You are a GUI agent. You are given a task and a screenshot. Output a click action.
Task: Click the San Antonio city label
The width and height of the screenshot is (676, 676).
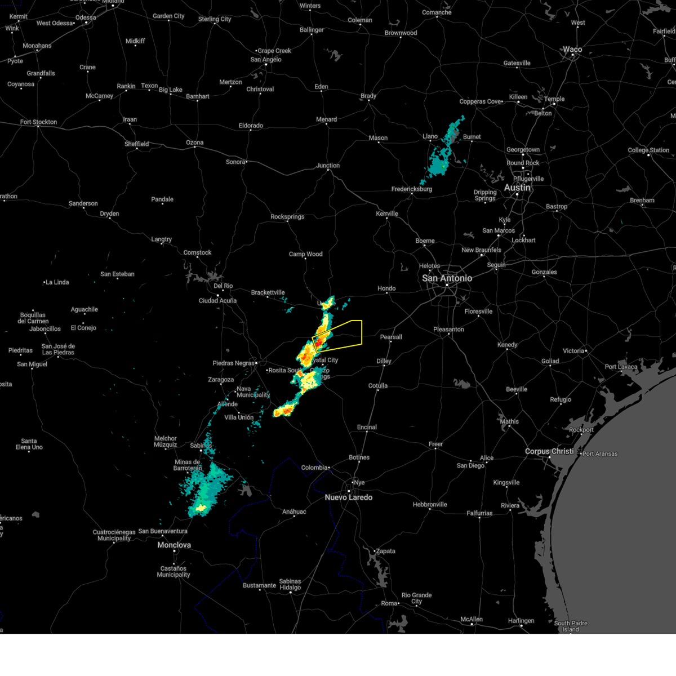click(447, 278)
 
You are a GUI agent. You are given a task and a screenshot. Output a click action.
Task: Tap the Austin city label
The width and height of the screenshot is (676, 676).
click(517, 188)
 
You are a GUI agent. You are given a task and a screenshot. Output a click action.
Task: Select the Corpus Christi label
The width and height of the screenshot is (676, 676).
click(549, 451)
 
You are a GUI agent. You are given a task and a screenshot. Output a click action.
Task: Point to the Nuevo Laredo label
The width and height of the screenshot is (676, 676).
click(349, 497)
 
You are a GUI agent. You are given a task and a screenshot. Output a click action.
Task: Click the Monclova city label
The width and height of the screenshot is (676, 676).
click(174, 545)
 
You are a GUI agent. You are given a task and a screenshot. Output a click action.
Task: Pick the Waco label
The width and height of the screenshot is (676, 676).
click(572, 50)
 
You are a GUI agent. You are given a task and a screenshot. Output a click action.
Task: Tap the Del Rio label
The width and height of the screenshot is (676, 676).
click(223, 286)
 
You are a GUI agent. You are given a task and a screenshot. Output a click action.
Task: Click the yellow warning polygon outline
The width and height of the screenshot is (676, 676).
click(361, 332)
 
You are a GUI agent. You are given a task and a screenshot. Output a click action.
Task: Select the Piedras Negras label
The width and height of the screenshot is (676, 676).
click(234, 363)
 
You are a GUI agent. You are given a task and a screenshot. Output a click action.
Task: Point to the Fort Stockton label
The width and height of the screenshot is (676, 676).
click(38, 122)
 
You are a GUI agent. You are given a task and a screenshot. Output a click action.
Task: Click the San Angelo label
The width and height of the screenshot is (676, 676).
click(265, 60)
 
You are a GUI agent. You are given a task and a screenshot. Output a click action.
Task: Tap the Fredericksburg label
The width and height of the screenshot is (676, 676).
click(412, 189)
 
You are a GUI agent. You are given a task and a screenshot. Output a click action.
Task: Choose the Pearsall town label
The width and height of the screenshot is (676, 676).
click(391, 337)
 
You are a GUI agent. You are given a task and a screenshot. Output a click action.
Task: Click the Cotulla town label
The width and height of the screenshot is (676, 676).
click(378, 386)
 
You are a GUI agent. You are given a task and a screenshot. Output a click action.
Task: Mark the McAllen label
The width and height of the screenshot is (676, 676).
click(472, 619)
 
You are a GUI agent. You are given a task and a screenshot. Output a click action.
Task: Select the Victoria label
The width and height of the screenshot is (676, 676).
click(573, 351)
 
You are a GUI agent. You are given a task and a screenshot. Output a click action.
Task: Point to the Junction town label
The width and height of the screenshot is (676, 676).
click(328, 166)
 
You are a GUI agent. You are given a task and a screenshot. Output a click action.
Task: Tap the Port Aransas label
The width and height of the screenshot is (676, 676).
click(600, 453)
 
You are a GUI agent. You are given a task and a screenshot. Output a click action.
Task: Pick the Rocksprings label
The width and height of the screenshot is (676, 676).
click(287, 217)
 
